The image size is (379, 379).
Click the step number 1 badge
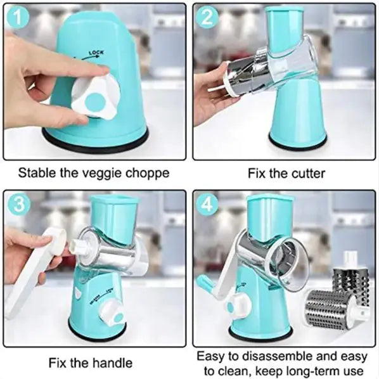(19, 20)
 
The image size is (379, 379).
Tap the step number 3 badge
(19, 207)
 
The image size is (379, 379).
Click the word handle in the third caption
(112, 363)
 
